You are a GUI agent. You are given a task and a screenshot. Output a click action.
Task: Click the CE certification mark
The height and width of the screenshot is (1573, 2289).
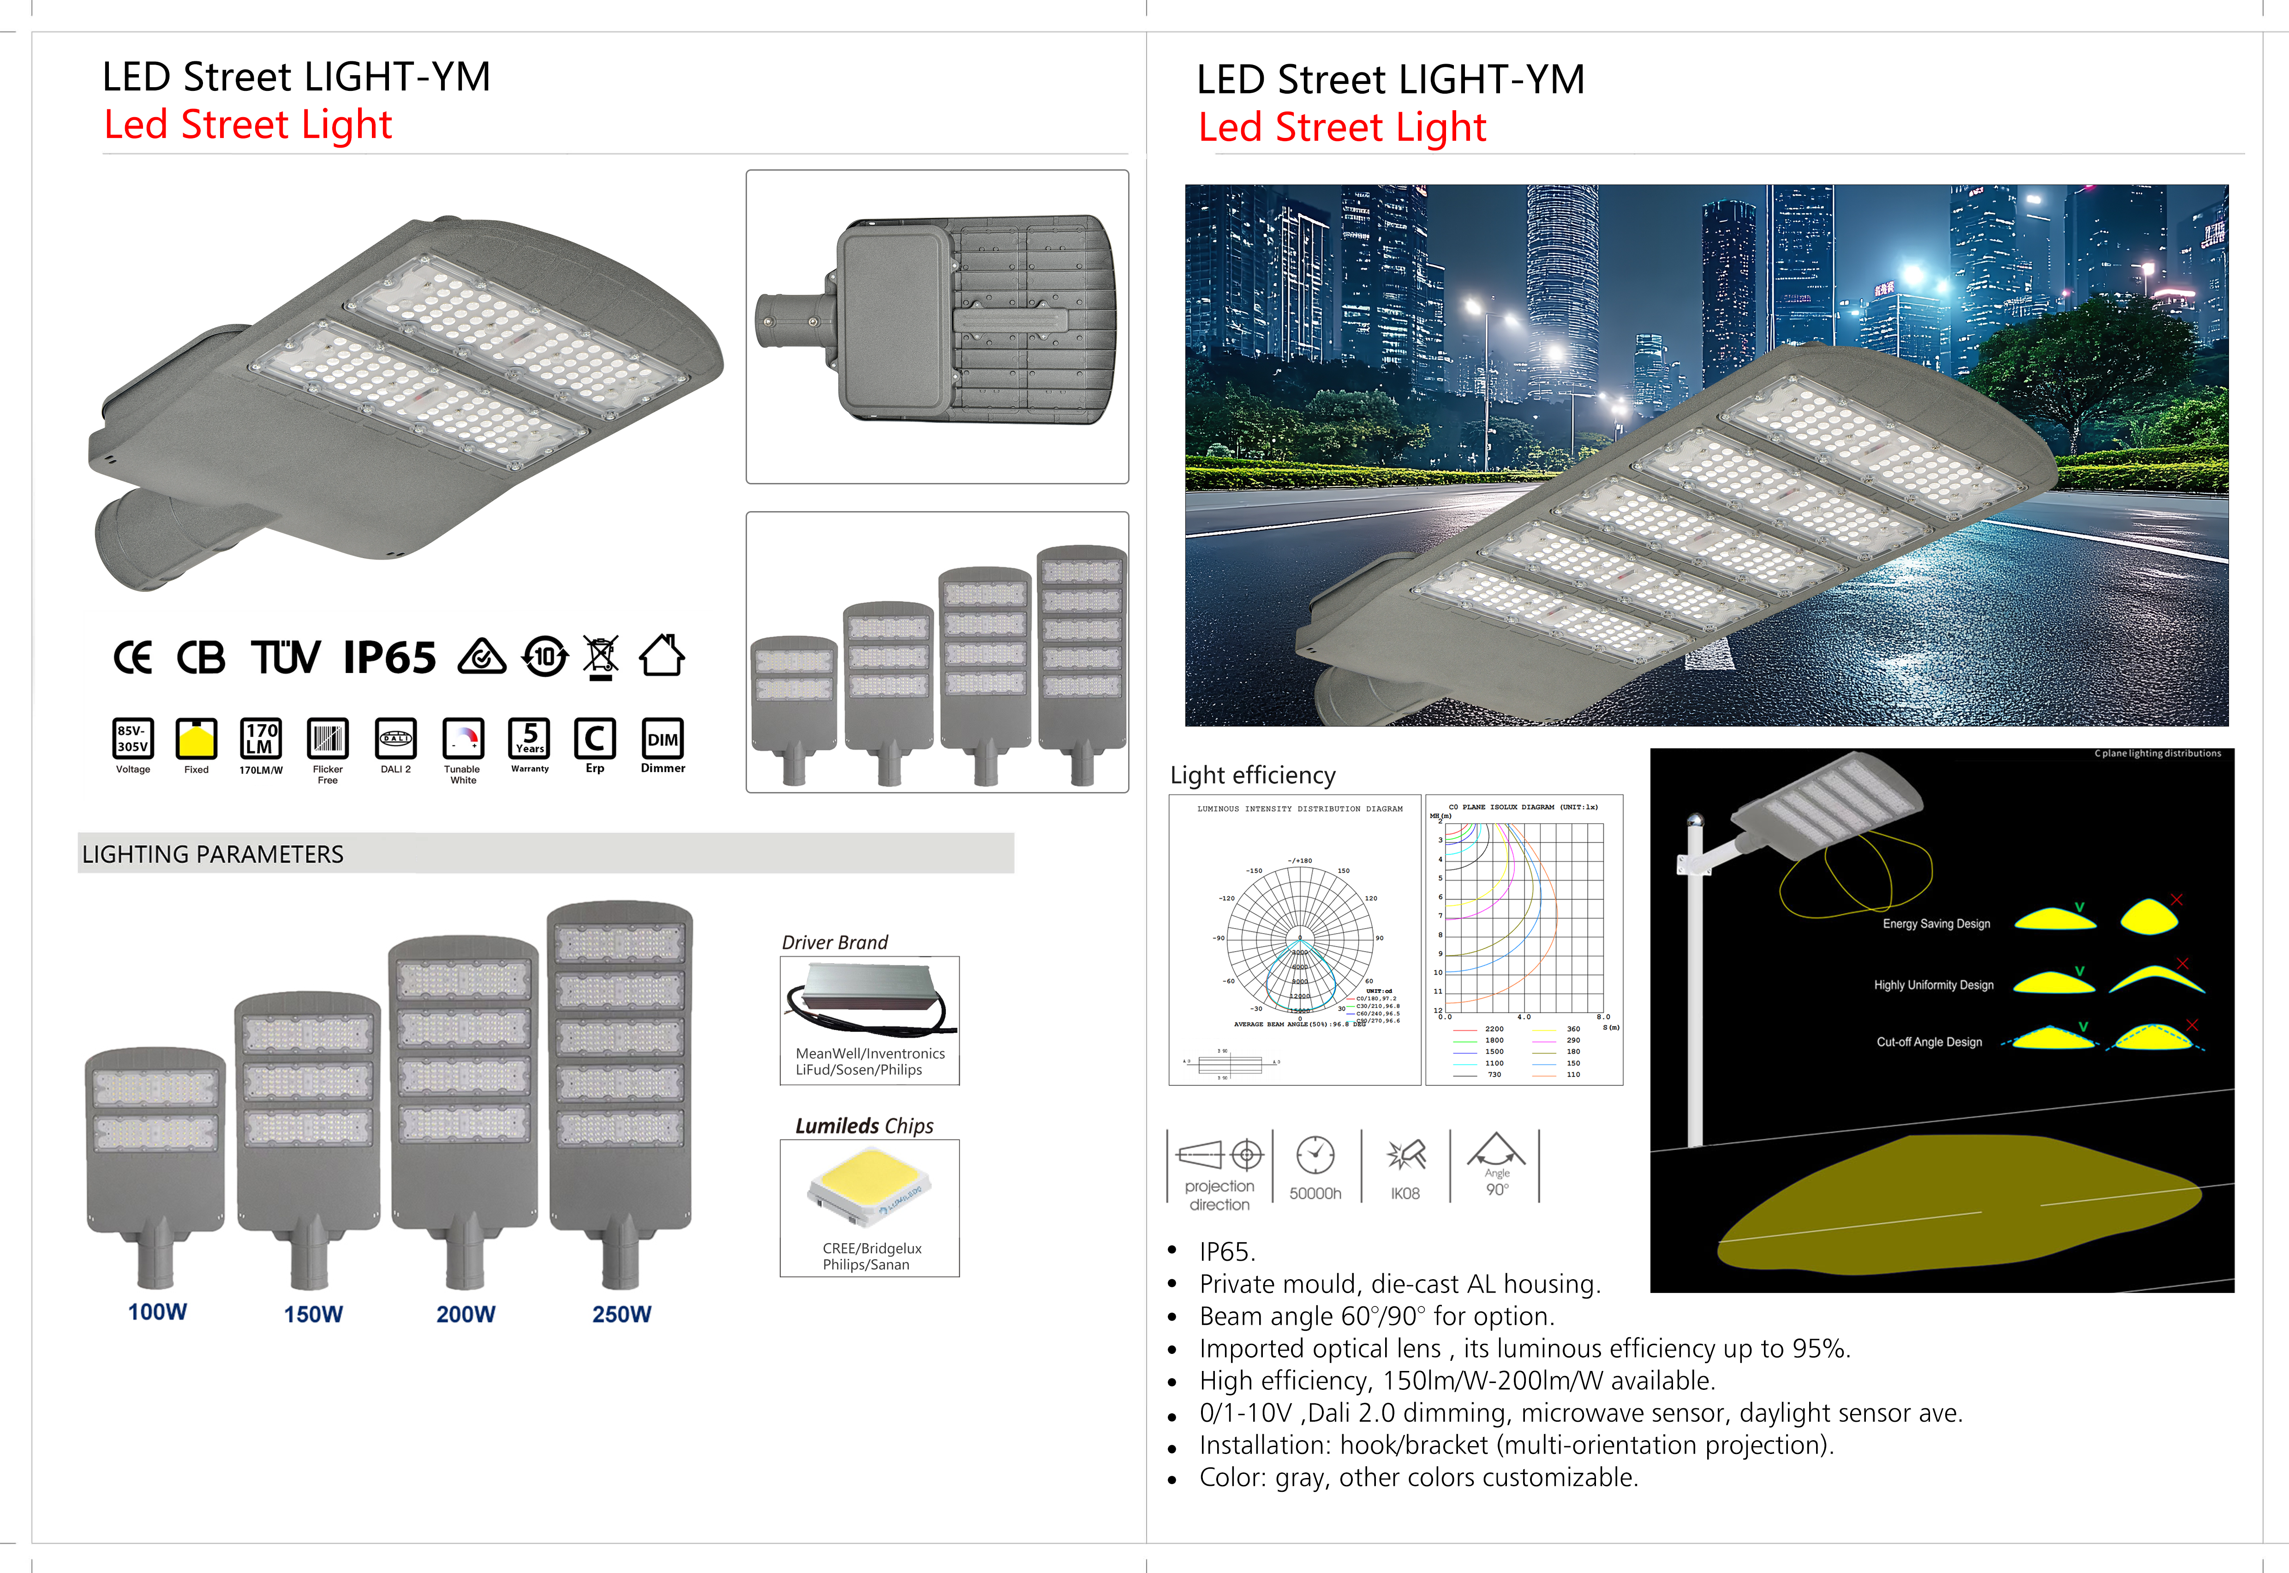(133, 657)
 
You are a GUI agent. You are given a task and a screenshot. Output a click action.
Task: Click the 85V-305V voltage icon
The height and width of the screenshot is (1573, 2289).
(133, 739)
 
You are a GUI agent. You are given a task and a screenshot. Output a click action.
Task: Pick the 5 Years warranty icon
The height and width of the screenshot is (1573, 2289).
(529, 739)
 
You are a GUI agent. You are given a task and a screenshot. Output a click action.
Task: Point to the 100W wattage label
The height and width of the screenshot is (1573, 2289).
(158, 1312)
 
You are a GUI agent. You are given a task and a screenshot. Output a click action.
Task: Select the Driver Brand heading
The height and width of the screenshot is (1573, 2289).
(835, 942)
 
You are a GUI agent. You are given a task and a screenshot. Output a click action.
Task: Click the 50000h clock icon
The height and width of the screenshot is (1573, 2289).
(1315, 1155)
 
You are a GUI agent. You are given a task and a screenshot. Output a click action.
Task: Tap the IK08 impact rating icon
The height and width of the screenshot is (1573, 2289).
(1406, 1155)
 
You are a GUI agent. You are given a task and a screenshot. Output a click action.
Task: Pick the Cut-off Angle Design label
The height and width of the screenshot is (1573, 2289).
(1929, 1042)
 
